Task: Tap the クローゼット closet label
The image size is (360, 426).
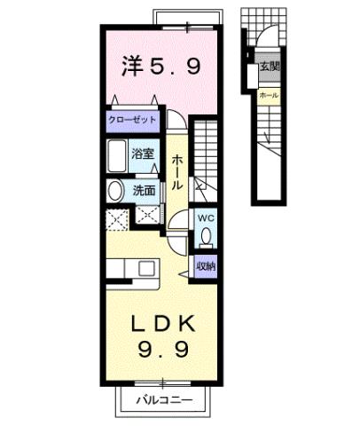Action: (x=132, y=120)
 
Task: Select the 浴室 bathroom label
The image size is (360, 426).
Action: (x=145, y=154)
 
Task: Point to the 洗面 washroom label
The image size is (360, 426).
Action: (x=144, y=188)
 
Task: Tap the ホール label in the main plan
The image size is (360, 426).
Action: (x=177, y=171)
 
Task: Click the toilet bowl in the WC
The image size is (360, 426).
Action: (x=206, y=238)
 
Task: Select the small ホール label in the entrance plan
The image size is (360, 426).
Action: (x=268, y=95)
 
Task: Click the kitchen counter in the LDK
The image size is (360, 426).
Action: (x=132, y=268)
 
